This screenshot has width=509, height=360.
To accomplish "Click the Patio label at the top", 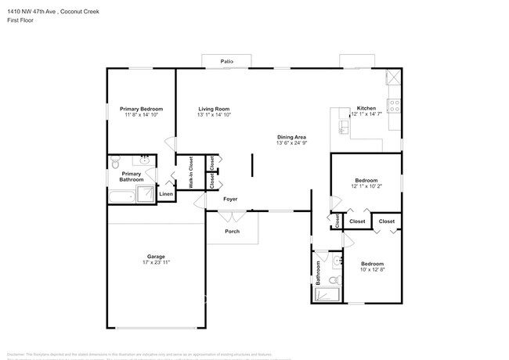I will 227,60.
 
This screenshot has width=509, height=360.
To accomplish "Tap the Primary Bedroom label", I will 141,109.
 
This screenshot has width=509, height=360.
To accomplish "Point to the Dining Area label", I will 291,136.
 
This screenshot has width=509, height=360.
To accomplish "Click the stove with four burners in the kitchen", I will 395,105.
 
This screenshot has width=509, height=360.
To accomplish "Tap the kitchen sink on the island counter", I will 343,126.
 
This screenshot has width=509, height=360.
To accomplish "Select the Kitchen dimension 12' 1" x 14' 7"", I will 366,115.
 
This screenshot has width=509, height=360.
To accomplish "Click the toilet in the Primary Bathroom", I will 115,163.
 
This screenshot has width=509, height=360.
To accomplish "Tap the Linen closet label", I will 166,193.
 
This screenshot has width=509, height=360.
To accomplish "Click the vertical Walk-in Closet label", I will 190,173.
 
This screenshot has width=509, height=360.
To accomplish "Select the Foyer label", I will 230,199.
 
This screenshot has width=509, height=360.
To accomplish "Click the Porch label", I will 232,231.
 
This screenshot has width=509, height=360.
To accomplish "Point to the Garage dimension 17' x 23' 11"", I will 156,263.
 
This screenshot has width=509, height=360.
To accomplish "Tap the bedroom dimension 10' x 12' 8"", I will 372,270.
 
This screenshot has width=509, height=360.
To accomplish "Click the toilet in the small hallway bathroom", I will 334,280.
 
